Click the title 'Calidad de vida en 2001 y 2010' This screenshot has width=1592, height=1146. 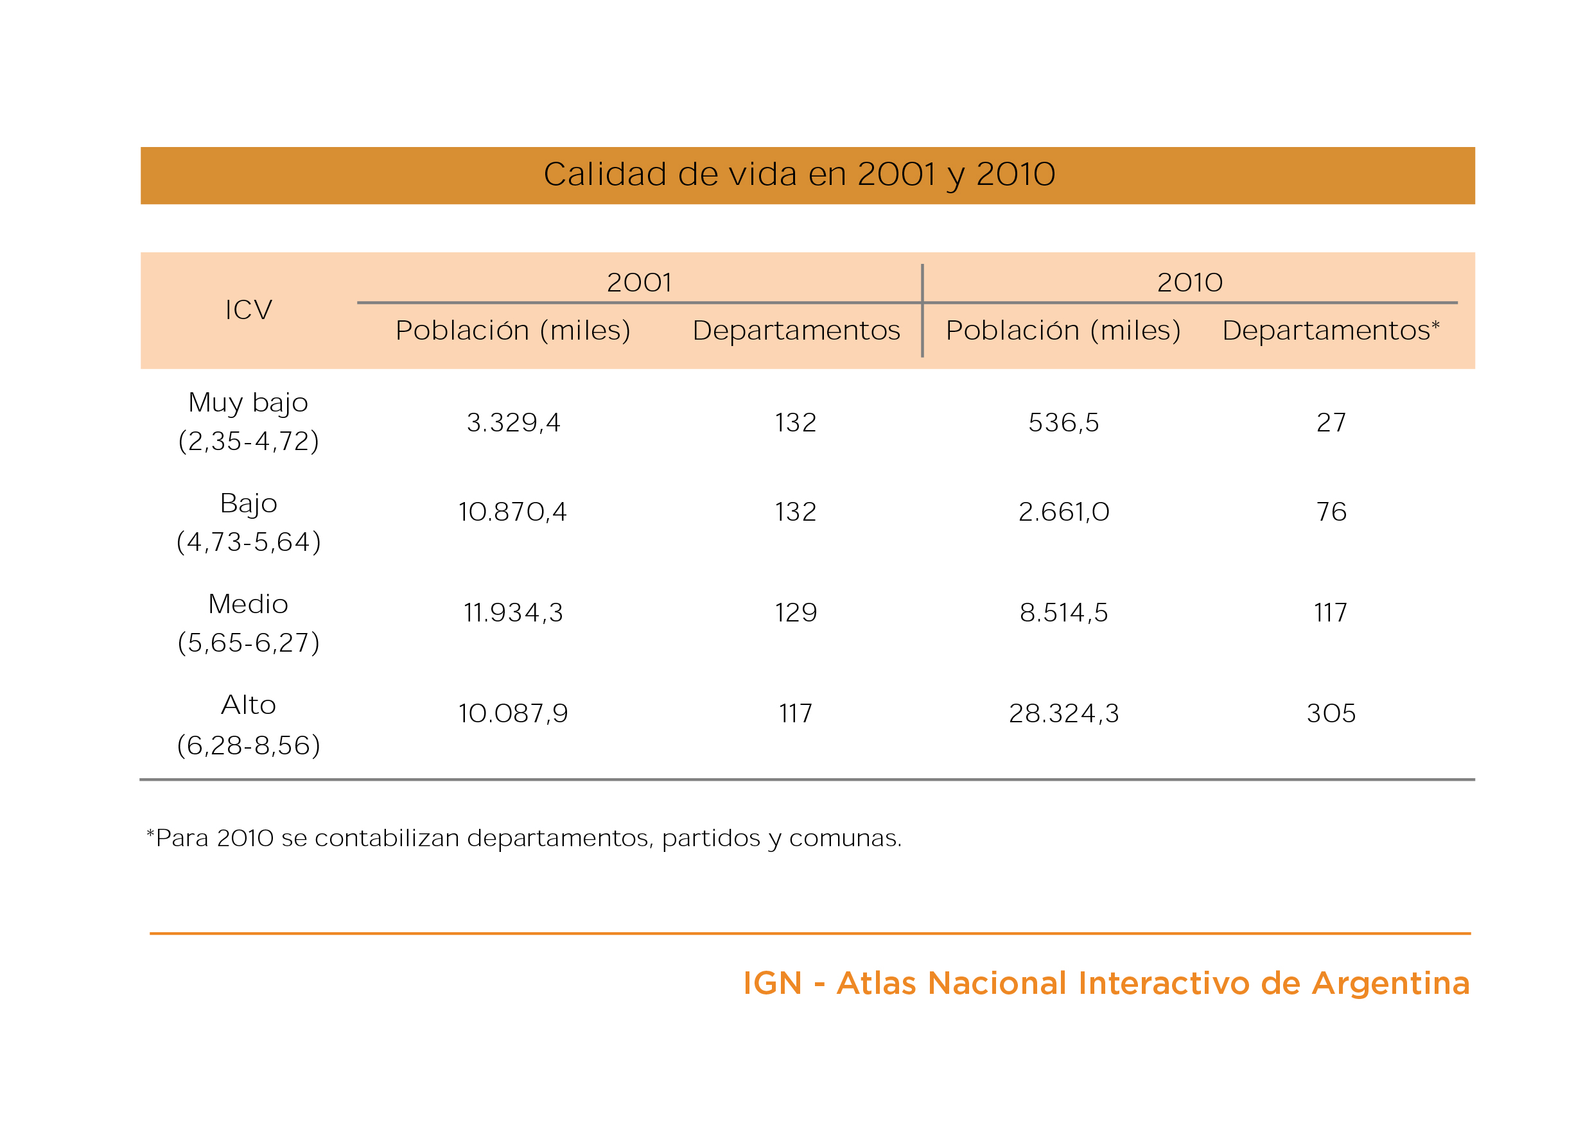point(799,174)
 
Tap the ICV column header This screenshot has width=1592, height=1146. point(249,309)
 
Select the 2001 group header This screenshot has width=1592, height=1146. point(639,282)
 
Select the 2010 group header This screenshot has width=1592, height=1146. point(1190,282)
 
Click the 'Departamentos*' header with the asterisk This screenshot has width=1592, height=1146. point(1331,330)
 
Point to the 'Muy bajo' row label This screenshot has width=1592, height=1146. point(249,403)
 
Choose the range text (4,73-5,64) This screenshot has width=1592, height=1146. point(249,542)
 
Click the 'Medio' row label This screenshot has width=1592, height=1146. point(249,604)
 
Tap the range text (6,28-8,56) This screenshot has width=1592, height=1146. point(249,745)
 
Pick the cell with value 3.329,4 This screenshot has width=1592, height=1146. point(513,422)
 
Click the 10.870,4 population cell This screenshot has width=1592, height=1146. point(512,512)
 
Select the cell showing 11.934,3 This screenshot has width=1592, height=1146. point(513,612)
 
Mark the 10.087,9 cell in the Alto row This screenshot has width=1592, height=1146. point(513,714)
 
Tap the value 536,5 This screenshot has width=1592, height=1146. point(1063,422)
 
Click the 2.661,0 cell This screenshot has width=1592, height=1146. point(1063,512)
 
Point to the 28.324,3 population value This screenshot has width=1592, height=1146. point(1063,714)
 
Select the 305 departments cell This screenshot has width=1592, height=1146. point(1331,714)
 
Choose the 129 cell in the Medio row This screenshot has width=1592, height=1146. point(795,612)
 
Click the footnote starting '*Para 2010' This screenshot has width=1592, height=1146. point(523,838)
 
